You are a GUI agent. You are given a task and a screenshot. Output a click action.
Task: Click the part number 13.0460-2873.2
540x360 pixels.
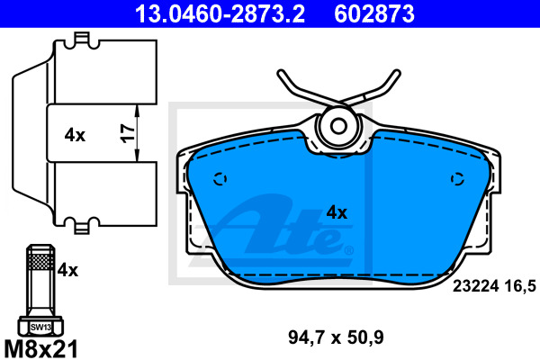tap(220, 13)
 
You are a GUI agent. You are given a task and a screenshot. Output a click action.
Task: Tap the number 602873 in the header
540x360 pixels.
tap(374, 13)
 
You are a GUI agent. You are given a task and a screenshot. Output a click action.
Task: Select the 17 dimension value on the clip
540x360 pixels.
tap(128, 133)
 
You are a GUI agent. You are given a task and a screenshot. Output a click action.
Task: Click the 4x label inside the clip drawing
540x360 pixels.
tap(75, 135)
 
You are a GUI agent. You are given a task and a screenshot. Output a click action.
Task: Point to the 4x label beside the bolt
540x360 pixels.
tap(67, 270)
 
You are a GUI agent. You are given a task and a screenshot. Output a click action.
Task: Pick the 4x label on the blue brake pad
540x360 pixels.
tap(337, 212)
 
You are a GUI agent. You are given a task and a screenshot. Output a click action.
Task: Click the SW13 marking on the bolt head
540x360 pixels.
tap(40, 327)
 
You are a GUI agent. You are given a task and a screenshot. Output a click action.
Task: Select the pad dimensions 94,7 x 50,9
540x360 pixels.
tap(336, 337)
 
